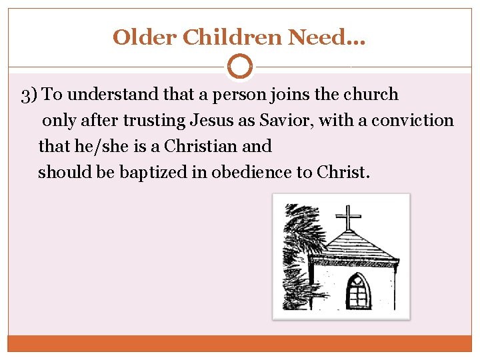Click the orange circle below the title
tap(240, 67)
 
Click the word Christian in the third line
tap(198, 146)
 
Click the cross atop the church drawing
tap(347, 217)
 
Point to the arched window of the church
tap(358, 291)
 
